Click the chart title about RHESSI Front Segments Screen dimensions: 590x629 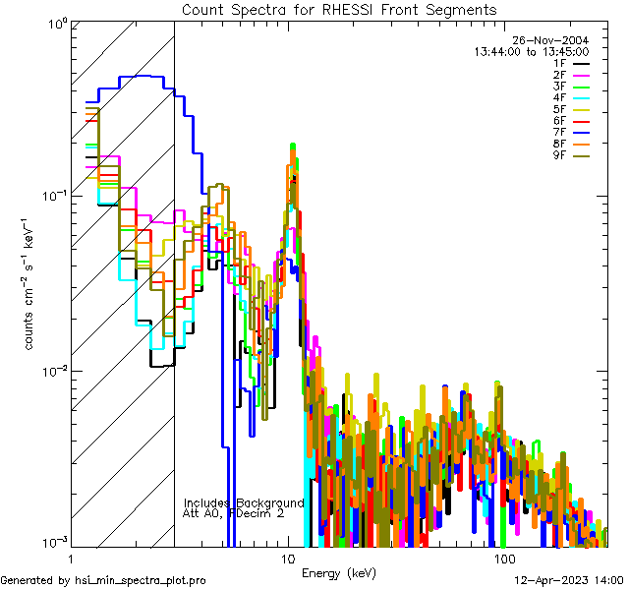(x=339, y=9)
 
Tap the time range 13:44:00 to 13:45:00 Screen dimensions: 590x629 (x=531, y=51)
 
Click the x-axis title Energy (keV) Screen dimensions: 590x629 (x=338, y=573)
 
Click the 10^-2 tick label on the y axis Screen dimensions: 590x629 (x=52, y=370)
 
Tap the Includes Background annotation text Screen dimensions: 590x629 (x=244, y=502)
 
